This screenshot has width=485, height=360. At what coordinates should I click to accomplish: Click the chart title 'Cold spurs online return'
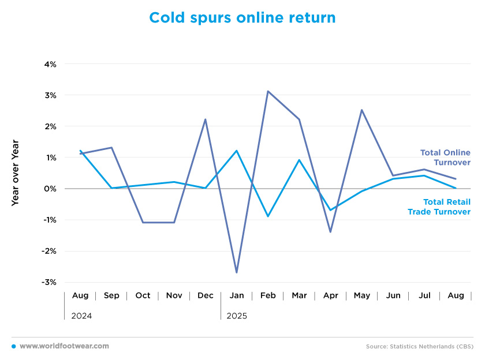coord(242,18)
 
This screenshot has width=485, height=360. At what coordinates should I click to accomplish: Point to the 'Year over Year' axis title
coord(15,173)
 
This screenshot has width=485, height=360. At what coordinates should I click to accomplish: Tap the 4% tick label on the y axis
coord(50,64)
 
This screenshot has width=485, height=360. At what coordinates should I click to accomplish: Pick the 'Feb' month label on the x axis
coord(268,295)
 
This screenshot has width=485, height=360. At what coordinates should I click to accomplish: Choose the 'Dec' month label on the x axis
coord(206,295)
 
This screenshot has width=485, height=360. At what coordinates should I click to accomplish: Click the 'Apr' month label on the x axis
coord(330,295)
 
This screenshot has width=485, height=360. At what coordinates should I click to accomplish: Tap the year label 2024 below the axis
coord(81,316)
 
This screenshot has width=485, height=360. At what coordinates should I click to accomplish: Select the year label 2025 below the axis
coord(237,316)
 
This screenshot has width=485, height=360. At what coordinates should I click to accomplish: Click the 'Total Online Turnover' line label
coord(445,157)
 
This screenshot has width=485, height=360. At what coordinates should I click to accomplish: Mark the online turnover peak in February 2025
coord(268,91)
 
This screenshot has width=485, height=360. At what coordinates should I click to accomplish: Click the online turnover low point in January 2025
coord(237,272)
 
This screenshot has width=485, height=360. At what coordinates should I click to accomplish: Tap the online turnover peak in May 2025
coord(361,110)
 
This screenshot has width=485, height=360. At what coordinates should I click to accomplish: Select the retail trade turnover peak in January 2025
coord(237,151)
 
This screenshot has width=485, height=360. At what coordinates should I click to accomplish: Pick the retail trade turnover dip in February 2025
coord(268,216)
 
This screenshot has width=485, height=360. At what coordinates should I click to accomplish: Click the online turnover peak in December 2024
coord(206,119)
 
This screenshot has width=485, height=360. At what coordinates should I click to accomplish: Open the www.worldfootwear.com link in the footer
coord(64,346)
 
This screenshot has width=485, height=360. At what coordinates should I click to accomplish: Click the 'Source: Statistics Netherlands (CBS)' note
coord(420,347)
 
